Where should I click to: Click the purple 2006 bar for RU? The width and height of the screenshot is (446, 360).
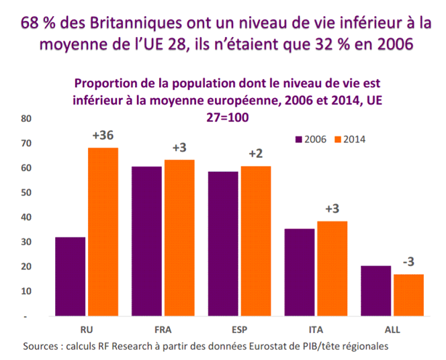point(70,276)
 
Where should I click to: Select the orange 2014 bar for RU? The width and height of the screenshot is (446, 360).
point(103,232)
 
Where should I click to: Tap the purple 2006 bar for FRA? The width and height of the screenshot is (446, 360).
point(146,241)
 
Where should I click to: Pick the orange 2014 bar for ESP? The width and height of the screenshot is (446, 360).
point(255,240)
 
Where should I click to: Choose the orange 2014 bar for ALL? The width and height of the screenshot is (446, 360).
point(408,294)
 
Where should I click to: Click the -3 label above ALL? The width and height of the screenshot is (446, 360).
point(409,261)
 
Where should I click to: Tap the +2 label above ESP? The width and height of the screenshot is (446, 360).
point(255,154)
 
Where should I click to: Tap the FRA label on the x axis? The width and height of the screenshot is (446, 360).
point(163,330)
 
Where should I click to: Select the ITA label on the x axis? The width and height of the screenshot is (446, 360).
point(315,330)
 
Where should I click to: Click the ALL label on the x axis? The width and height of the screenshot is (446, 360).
point(392,330)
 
